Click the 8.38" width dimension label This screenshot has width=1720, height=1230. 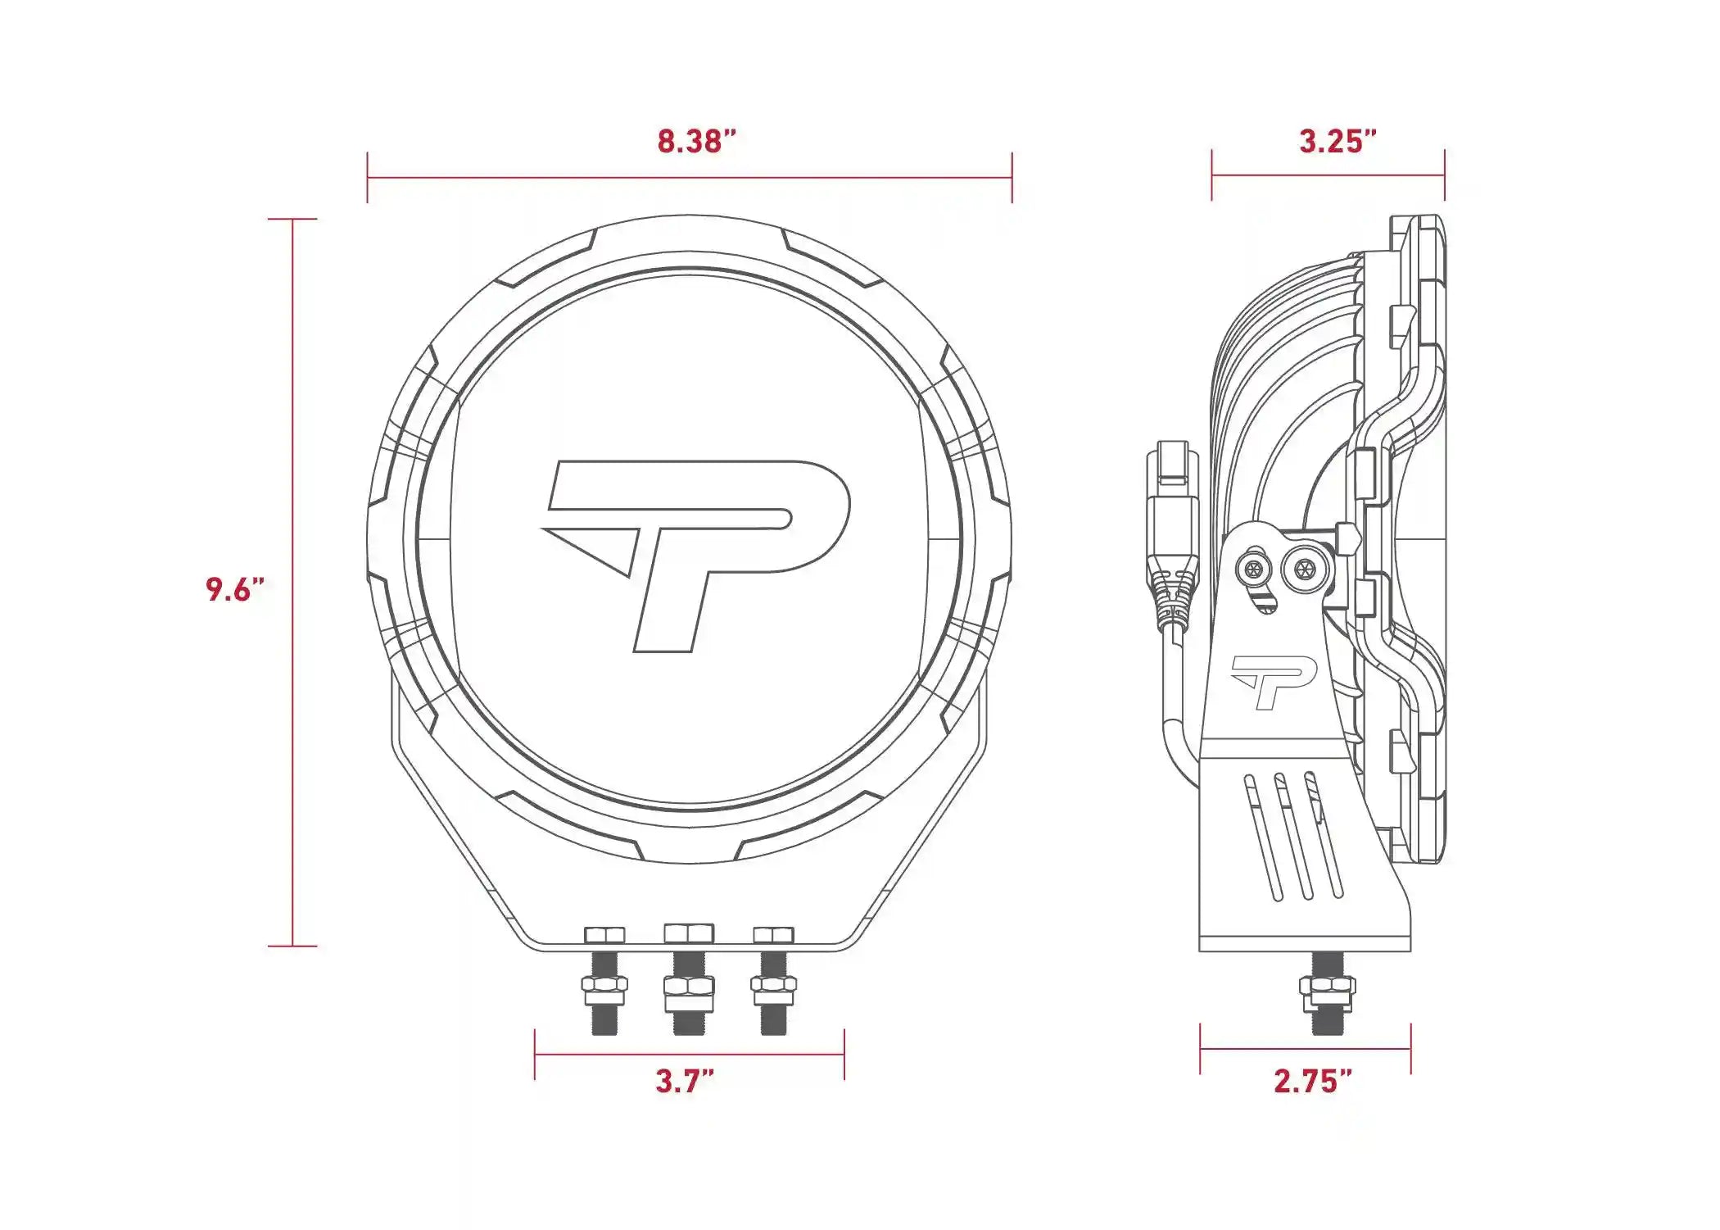[x=696, y=141]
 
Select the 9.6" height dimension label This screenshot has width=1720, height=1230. [x=235, y=589]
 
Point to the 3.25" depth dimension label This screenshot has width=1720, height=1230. [x=1337, y=141]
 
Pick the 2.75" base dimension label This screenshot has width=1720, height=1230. [x=1312, y=1081]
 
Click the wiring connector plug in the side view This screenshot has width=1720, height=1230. [x=1173, y=524]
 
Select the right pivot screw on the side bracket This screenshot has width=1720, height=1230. [x=1302, y=567]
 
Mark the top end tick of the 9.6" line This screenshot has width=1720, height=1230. [x=292, y=220]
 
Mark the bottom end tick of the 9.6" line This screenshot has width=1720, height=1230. [x=292, y=946]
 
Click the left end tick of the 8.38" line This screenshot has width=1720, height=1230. [x=368, y=177]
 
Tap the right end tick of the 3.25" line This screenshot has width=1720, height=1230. [x=1444, y=175]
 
